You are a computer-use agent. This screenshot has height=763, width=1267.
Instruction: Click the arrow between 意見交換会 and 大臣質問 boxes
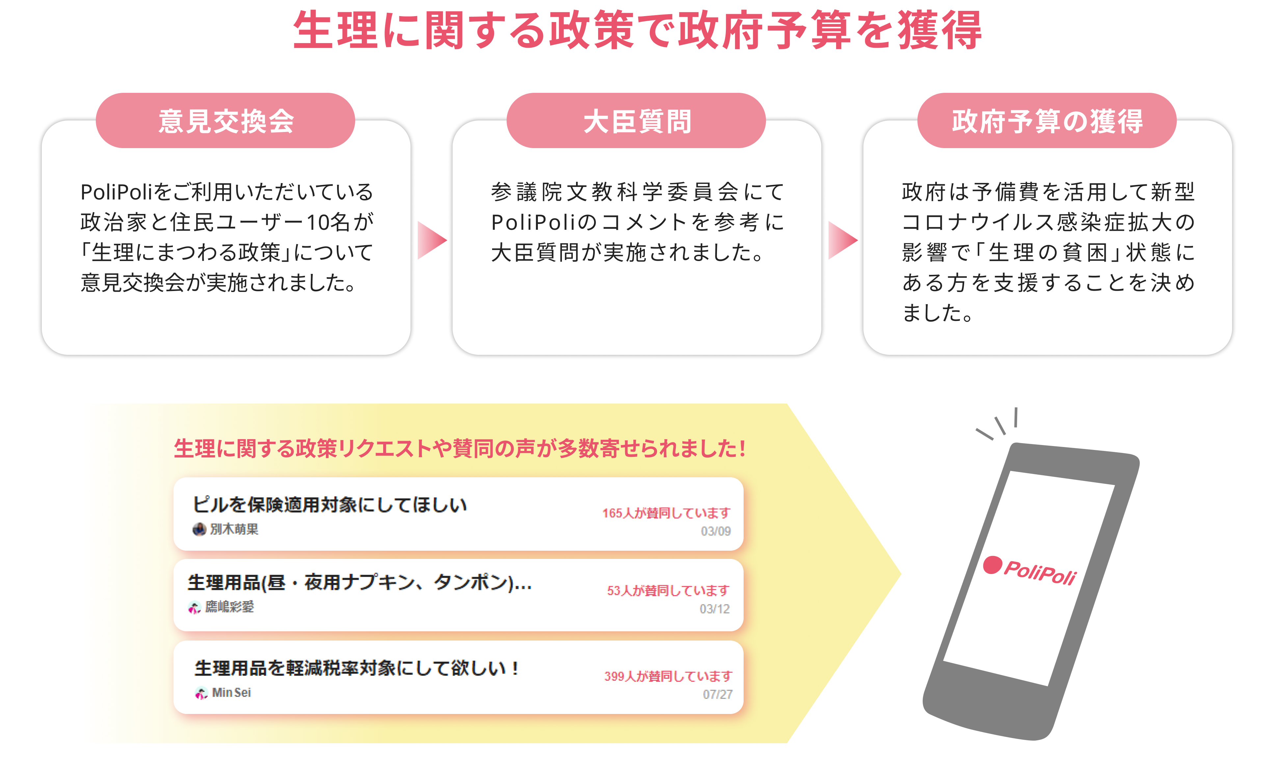coord(431,240)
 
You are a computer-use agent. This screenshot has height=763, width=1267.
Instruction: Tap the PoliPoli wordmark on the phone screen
coord(1040,572)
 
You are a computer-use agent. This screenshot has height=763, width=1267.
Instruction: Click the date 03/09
coord(715,531)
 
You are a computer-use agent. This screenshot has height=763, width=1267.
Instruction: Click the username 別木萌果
coord(234,529)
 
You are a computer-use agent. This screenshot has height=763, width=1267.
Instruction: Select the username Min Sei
coord(231,693)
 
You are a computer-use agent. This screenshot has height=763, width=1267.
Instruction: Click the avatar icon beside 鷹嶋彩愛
coord(194,608)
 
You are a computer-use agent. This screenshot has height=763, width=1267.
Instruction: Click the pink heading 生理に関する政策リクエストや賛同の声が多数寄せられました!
coord(459,448)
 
